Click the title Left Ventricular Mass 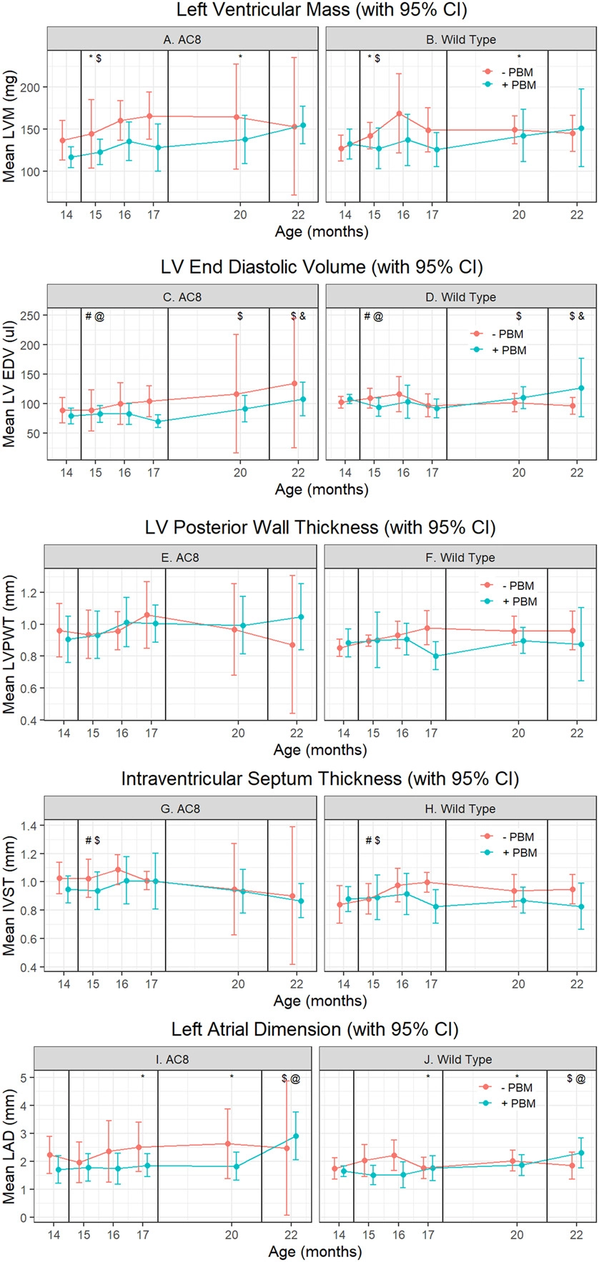click(320, 11)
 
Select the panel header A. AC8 click(182, 39)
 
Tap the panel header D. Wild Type click(461, 297)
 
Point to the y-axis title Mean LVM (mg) click(9, 131)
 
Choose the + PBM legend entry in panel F click(518, 601)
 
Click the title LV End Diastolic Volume click(322, 268)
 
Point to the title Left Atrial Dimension click(315, 1029)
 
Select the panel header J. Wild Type click(457, 1059)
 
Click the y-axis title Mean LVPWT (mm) click(9, 645)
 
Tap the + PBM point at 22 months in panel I click(296, 1136)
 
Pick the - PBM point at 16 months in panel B click(399, 114)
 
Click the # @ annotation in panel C click(94, 316)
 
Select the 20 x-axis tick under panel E click(238, 733)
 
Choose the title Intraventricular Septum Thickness click(320, 778)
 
